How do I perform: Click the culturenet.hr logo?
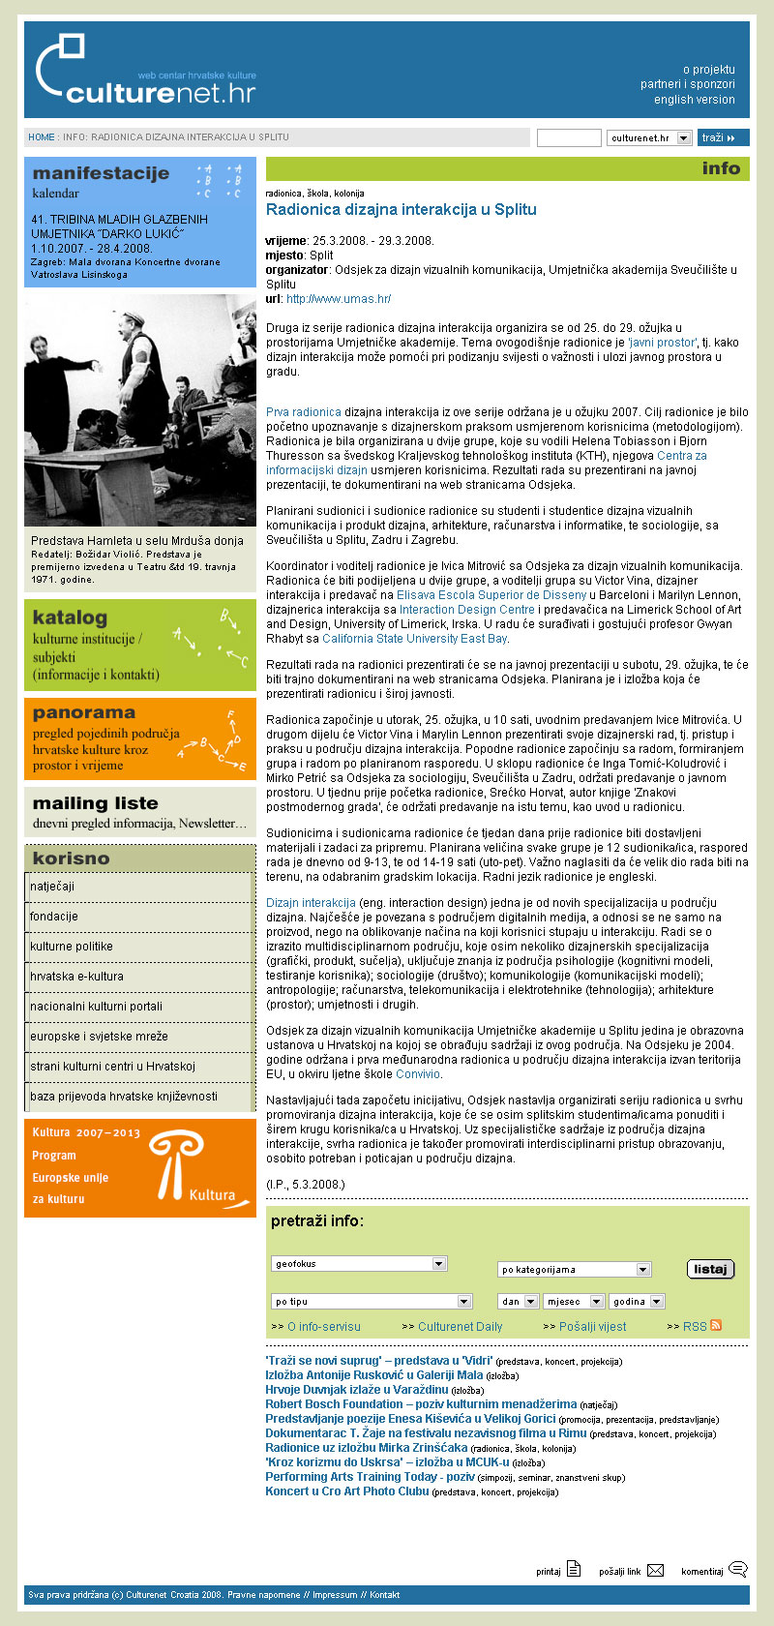[x=145, y=72]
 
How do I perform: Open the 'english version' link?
[x=694, y=100]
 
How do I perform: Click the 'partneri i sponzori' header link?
[x=687, y=84]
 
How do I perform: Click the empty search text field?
[x=569, y=138]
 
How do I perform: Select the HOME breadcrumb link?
[x=42, y=137]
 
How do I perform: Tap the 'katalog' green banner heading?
[x=70, y=617]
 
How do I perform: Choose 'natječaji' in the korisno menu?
[x=52, y=887]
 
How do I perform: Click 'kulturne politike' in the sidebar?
[x=72, y=947]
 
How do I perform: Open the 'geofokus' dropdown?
[x=359, y=1264]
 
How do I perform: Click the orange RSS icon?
[x=716, y=1326]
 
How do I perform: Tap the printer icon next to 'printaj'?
[x=574, y=1570]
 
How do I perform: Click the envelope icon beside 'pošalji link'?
[x=656, y=1571]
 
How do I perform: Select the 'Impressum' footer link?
[x=335, y=1595]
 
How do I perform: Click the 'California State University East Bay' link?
[x=414, y=639]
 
